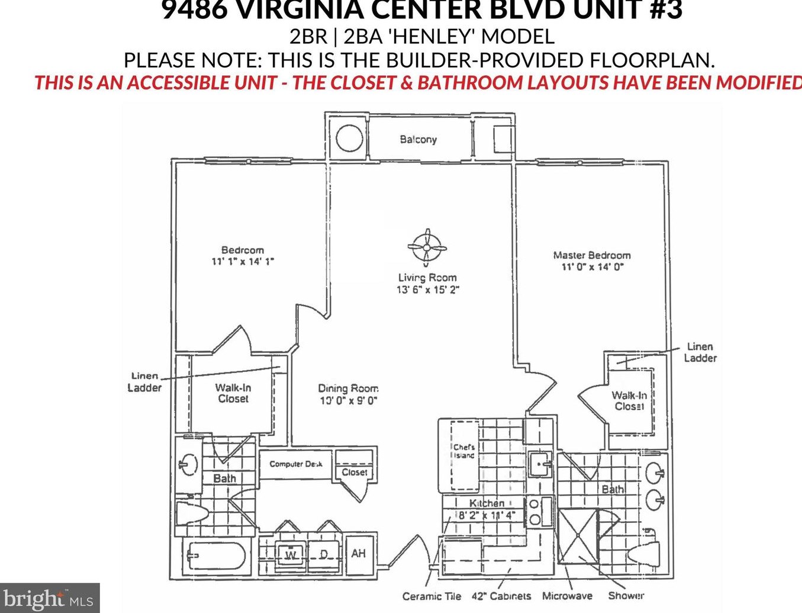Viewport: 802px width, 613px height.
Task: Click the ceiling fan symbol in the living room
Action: pos(427,247)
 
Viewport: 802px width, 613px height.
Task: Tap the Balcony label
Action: pos(418,139)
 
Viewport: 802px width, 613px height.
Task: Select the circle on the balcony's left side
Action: pos(349,139)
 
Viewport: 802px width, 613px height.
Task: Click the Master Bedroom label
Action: pos(592,255)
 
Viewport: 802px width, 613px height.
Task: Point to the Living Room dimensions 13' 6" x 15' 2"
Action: pos(427,290)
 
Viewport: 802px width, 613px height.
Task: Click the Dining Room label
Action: pos(348,389)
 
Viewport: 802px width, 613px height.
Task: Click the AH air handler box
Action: pos(359,554)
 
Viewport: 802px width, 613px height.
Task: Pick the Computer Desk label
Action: pos(296,464)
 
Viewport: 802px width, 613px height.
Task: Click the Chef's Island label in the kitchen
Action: pos(464,451)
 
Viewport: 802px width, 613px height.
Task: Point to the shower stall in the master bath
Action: pos(578,535)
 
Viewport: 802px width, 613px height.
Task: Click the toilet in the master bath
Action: pos(645,553)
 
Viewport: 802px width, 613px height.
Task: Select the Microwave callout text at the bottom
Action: pos(567,596)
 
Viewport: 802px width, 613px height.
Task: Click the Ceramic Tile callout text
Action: pos(431,596)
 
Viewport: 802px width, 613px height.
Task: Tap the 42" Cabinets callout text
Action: pos(501,596)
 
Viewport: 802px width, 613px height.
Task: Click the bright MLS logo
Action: pos(49,598)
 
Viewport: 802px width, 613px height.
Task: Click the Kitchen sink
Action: pos(540,464)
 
